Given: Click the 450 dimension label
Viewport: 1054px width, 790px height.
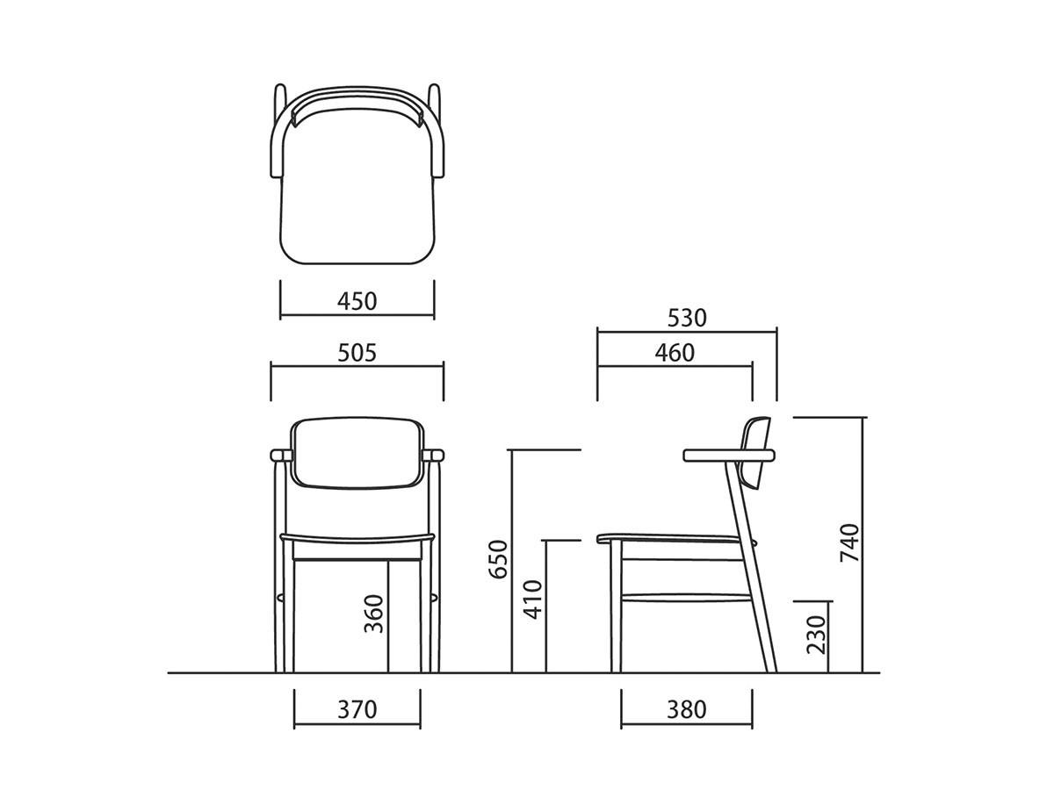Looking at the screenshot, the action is tap(357, 302).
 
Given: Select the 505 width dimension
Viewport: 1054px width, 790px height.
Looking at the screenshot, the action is tap(357, 354).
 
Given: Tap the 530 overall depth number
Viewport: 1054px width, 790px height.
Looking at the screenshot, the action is tap(687, 318).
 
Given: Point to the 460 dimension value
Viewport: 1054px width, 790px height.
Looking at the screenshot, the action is tap(675, 354).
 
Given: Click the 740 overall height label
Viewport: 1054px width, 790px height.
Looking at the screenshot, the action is tap(849, 543).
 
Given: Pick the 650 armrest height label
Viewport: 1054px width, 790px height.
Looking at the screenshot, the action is tap(498, 559).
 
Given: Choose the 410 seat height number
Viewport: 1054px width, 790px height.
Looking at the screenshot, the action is tap(532, 600).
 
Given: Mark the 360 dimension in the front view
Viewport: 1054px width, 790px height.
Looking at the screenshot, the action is tap(373, 614).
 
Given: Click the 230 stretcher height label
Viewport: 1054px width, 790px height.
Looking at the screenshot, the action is tap(816, 635).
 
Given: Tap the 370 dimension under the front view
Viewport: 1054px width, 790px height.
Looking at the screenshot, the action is tap(357, 710).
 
